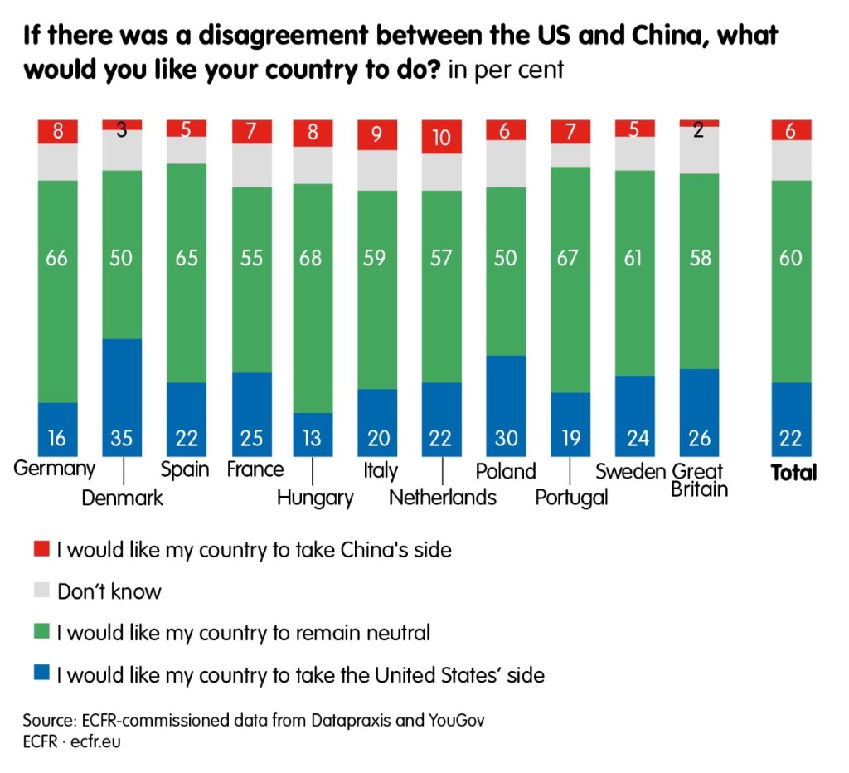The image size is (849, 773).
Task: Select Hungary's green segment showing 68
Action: [312, 298]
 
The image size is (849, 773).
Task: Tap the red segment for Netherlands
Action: [442, 136]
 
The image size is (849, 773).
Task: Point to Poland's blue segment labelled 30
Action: [505, 406]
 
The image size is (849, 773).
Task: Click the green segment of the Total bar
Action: [791, 281]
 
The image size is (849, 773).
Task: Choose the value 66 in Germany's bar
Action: [58, 258]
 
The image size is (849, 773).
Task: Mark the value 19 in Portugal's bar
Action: [570, 438]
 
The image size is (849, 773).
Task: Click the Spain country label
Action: [185, 469]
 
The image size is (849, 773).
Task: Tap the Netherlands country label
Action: [443, 497]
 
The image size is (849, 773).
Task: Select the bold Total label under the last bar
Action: [793, 473]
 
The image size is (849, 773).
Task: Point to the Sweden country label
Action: [631, 471]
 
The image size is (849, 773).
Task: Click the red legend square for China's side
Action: [41, 549]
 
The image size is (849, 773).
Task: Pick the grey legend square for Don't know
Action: [41, 591]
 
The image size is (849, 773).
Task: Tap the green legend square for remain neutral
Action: [41, 633]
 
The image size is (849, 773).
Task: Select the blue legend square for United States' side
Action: [41, 674]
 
